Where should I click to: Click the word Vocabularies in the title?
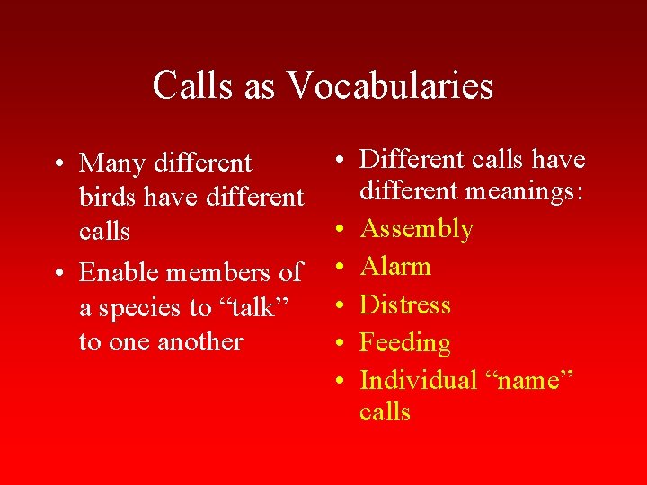tap(390, 86)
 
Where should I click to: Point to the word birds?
tap(108, 197)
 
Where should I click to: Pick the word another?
tap(200, 342)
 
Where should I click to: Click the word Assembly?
tap(416, 229)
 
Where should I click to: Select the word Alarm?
tap(395, 267)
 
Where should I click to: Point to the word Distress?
tap(404, 304)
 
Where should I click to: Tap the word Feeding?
tap(404, 343)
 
